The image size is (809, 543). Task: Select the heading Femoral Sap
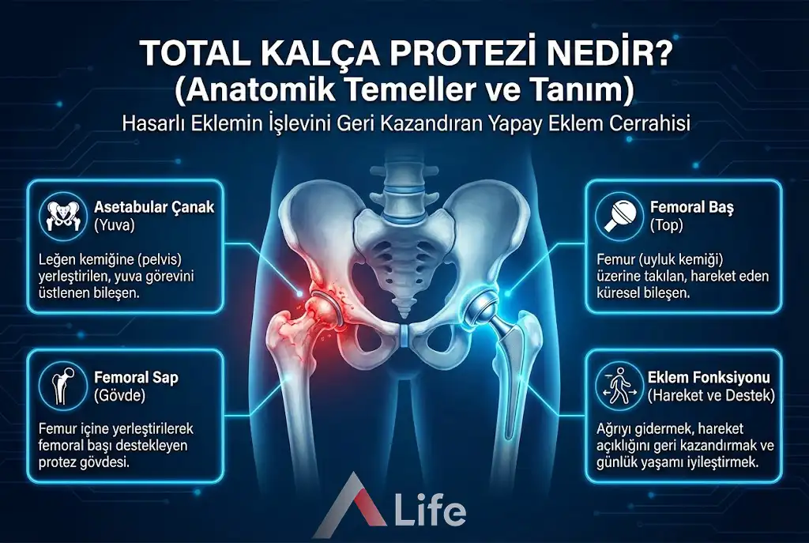(x=136, y=377)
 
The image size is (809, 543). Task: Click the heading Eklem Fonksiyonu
(x=709, y=378)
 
